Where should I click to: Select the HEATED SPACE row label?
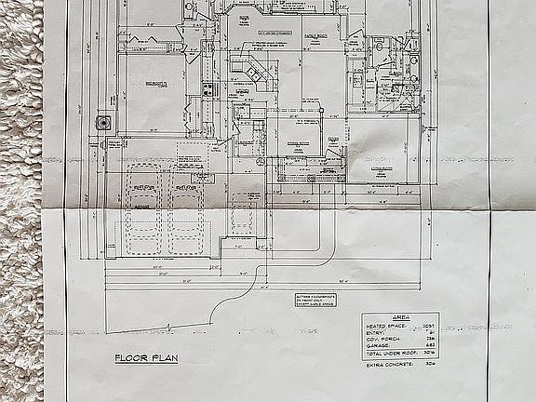point(385,326)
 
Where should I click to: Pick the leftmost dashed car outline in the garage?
point(143,209)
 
